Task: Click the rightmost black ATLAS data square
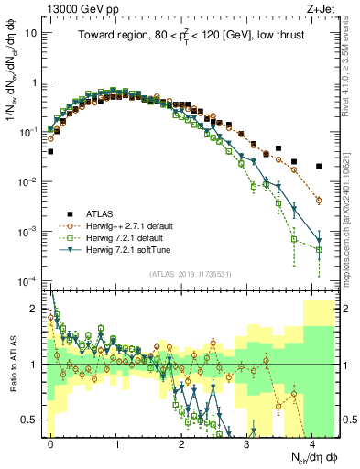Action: [x=319, y=167]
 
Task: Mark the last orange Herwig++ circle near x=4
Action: [x=319, y=200]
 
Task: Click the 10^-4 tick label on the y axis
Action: [x=31, y=279]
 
